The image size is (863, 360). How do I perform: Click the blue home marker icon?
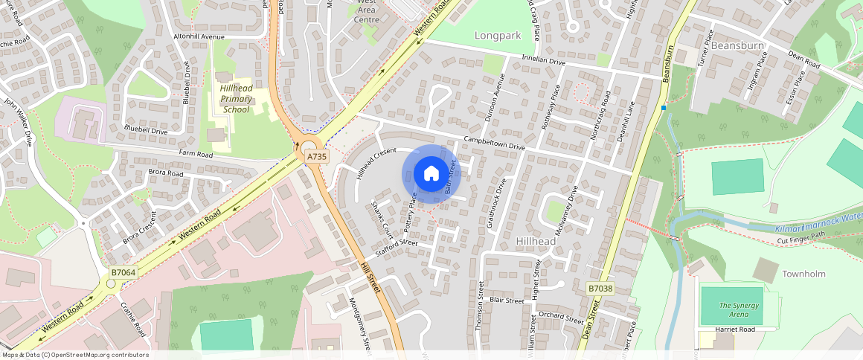coord(431,174)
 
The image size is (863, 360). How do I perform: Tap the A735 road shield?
coord(317,156)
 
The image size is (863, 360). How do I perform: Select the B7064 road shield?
coord(123,273)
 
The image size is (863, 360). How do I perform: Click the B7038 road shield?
coord(600,288)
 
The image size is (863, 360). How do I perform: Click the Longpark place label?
coord(497,35)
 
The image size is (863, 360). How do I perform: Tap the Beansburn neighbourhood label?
coord(738,45)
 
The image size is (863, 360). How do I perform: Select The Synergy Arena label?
coord(740,310)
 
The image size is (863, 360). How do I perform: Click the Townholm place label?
coord(803,274)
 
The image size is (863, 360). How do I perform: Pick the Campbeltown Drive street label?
coord(494,144)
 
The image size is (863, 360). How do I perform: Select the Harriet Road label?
coord(734,329)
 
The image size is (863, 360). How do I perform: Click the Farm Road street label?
coord(195,154)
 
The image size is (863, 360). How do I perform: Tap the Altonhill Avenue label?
coord(199,36)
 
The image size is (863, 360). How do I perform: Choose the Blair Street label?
coord(507,300)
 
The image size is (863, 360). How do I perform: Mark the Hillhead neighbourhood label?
coord(536,242)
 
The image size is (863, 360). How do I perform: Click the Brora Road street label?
coord(165,173)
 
